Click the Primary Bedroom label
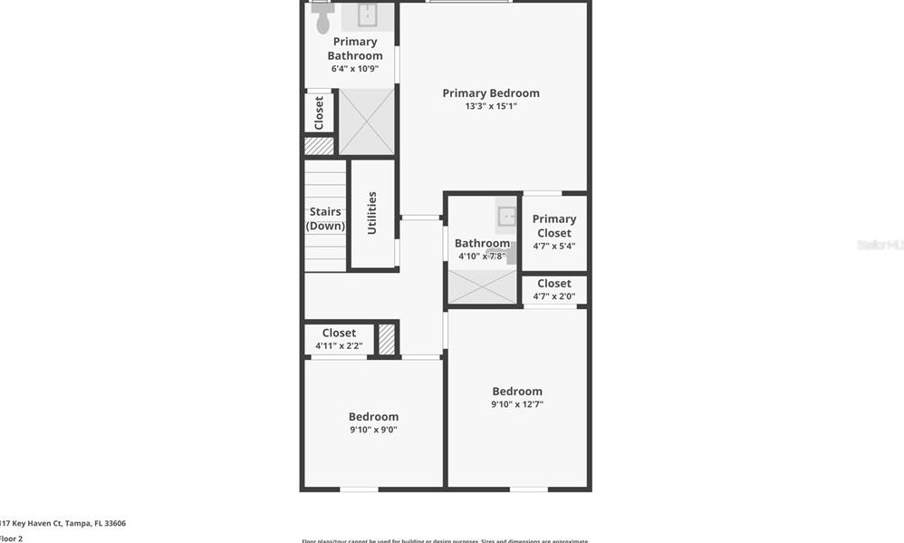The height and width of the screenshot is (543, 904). [x=490, y=93]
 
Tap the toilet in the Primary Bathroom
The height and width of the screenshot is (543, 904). [x=322, y=20]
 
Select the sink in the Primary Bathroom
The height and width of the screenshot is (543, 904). [x=367, y=15]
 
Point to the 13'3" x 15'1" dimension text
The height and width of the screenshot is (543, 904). [x=490, y=107]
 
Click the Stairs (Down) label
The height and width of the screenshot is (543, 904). [x=325, y=218]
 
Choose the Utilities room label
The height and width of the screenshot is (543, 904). [x=371, y=213]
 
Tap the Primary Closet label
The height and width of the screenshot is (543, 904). [x=553, y=226]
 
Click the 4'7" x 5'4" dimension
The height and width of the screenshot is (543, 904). [x=553, y=246]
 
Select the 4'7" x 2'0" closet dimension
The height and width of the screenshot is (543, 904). [x=553, y=296]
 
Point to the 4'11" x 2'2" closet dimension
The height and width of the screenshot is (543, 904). [x=339, y=345]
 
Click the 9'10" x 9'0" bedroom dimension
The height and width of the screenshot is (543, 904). [x=373, y=430]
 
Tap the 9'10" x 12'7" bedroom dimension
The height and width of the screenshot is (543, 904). [x=517, y=404]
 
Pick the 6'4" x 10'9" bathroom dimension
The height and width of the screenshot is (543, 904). [x=355, y=69]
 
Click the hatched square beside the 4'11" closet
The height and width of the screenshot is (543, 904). [x=387, y=339]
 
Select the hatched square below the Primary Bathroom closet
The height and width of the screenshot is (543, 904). [x=319, y=145]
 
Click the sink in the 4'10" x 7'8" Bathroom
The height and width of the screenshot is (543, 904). [x=506, y=216]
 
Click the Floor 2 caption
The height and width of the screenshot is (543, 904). [x=11, y=538]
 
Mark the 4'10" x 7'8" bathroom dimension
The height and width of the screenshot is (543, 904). [x=482, y=256]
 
